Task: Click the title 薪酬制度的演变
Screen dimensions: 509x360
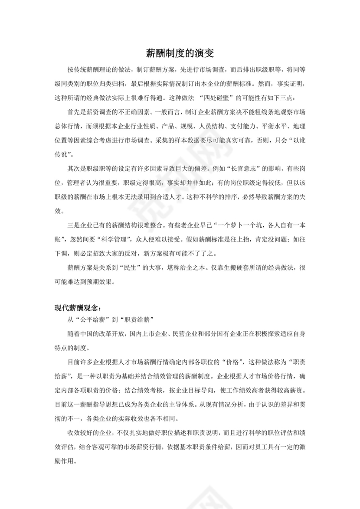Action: [x=180, y=54]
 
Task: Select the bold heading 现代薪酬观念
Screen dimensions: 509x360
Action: [x=76, y=308]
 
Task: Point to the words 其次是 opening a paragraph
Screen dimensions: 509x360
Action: [x=76, y=167]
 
